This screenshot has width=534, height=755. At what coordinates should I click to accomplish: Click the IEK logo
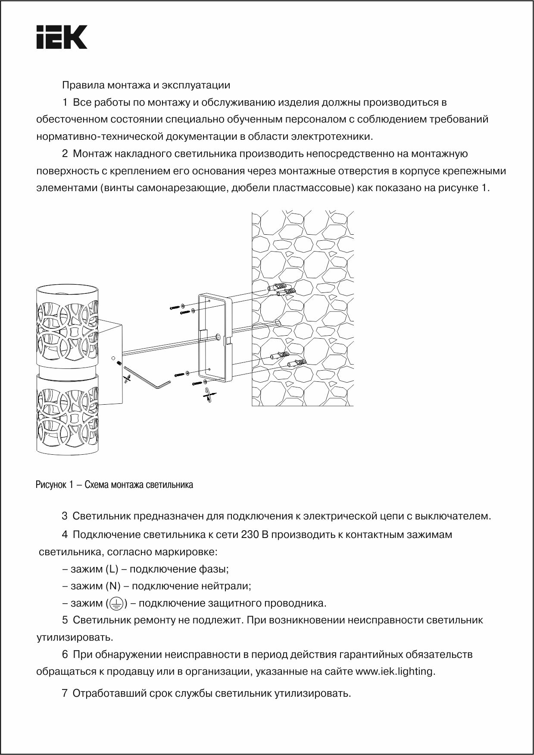tap(62, 37)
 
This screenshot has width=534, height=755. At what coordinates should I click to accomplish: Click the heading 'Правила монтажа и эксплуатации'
tap(146, 85)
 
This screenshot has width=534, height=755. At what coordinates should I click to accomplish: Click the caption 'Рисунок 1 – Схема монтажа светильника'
tap(114, 484)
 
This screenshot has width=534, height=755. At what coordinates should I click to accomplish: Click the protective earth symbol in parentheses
tap(116, 604)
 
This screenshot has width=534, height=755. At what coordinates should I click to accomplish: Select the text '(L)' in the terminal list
tap(112, 569)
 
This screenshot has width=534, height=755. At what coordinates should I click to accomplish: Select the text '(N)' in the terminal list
tap(113, 586)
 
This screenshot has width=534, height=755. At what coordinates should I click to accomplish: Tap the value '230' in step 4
tap(250, 535)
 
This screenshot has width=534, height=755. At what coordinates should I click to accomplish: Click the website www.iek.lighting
tap(395, 672)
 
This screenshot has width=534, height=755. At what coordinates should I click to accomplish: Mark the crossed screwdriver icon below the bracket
tap(209, 395)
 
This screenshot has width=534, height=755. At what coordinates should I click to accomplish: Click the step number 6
tap(65, 654)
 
